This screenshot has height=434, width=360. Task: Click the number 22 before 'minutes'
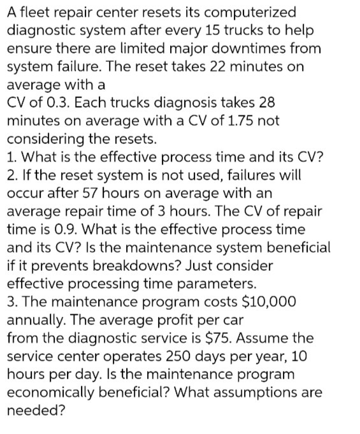(x=227, y=66)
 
